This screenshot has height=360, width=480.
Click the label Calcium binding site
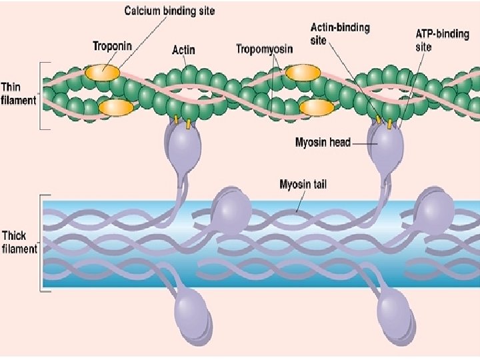click(x=169, y=11)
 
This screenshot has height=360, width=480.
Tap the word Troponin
click(x=113, y=46)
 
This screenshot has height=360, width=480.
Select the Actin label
click(x=183, y=49)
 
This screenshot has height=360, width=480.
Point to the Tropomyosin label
click(x=264, y=49)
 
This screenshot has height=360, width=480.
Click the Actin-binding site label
click(x=340, y=34)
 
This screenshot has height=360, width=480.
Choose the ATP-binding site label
click(x=442, y=41)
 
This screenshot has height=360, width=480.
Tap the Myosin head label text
click(x=323, y=143)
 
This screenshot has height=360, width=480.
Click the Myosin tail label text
click(x=303, y=185)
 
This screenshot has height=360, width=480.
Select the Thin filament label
click(x=19, y=93)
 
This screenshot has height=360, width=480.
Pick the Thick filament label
click(x=19, y=242)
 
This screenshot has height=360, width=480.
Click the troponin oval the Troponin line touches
click(x=102, y=73)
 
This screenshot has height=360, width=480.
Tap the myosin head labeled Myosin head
click(x=386, y=144)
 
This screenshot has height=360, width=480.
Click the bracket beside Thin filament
click(x=42, y=96)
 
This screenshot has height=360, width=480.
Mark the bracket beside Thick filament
click(x=42, y=243)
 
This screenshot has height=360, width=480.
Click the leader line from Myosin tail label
click(x=301, y=201)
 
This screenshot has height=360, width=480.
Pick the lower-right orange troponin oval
click(x=317, y=108)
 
